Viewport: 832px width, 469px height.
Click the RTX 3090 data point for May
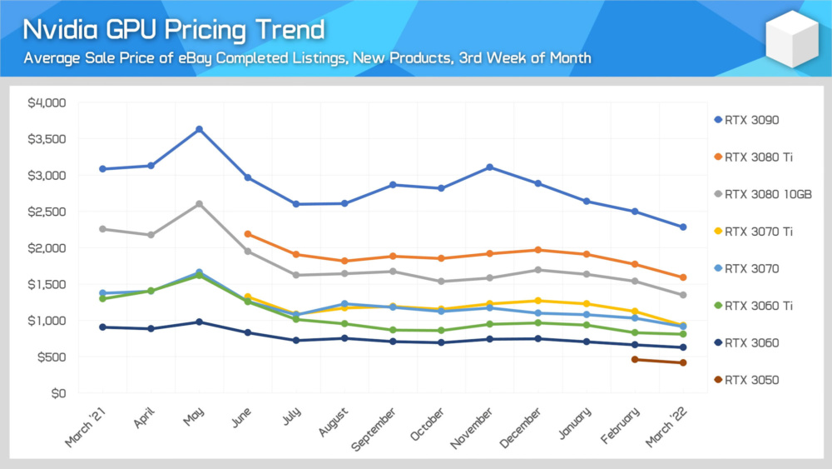point(199,130)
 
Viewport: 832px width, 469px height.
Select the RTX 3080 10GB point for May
point(199,204)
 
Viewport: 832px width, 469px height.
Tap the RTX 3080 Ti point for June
point(248,234)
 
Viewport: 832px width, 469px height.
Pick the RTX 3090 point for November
point(490,167)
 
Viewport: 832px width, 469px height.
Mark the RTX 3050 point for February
point(635,360)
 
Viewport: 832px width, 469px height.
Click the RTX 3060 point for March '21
point(102,327)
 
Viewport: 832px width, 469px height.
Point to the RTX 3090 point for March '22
point(683,227)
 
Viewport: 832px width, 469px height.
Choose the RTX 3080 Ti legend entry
point(754,157)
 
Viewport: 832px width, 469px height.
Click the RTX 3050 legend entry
point(746,380)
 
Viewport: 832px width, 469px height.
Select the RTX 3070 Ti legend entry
point(754,232)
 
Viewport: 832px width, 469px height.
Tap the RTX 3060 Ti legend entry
point(754,306)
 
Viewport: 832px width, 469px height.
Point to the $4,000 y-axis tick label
point(47,103)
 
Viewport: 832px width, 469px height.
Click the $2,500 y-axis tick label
point(47,212)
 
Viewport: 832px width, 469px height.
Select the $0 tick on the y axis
point(58,393)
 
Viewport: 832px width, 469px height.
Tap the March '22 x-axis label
point(666,427)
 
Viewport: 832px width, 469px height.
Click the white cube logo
point(792,39)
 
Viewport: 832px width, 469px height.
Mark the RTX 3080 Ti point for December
point(538,250)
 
